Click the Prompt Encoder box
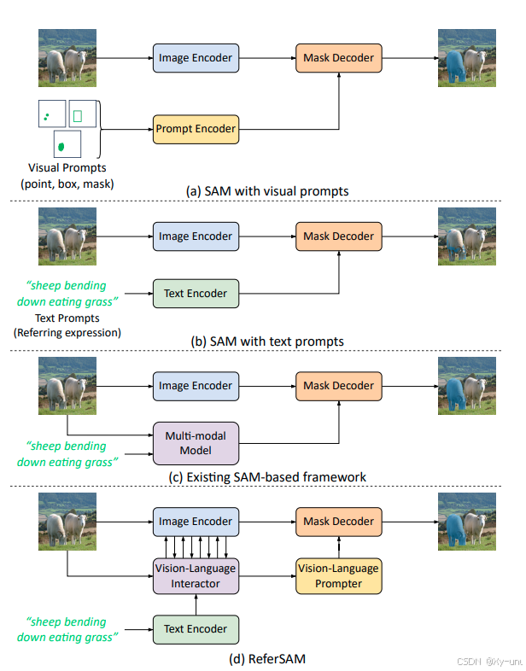(196, 130)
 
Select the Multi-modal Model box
(196, 443)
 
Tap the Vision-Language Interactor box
(196, 575)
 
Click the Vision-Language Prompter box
(338, 575)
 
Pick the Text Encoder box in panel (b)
(196, 294)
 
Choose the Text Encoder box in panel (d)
(196, 629)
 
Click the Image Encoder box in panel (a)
(196, 59)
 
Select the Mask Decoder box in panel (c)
(338, 386)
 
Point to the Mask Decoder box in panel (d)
(338, 522)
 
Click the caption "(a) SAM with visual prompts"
(267, 191)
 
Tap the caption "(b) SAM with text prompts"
(267, 341)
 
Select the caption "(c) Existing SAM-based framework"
(267, 476)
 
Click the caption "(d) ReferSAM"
(267, 658)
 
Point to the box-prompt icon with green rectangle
(78, 115)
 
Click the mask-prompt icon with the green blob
(66, 145)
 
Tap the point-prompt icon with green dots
(50, 115)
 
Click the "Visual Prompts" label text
(67, 168)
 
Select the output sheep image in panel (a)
(466, 58)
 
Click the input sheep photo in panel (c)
(67, 386)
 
